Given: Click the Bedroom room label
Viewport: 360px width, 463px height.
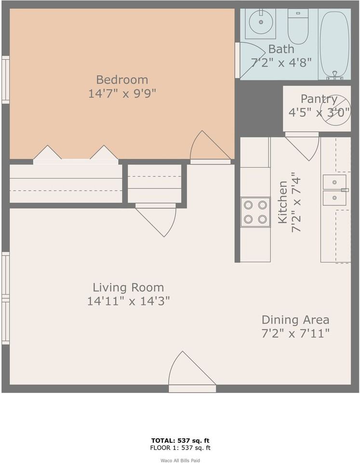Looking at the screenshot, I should point(122,80).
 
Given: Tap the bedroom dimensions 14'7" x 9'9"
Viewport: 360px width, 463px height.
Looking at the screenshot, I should point(122,94).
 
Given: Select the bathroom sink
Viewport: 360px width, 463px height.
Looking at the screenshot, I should point(260,22).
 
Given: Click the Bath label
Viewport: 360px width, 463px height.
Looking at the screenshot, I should point(281,49).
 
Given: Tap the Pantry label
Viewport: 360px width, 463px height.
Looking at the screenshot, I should point(319,99).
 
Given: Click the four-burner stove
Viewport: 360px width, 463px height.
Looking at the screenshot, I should point(255,212).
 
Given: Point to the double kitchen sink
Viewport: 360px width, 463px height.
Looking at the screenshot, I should point(335,190).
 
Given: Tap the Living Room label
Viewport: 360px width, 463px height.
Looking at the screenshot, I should point(128,288).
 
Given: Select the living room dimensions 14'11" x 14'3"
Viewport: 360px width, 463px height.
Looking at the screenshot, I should point(128,301).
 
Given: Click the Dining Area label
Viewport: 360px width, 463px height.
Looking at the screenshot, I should point(295,320).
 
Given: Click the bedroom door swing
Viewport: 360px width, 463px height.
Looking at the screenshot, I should point(207,147).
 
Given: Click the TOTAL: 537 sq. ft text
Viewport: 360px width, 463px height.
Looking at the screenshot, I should point(180,440).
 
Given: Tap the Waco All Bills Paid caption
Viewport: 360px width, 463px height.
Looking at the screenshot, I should point(180,460).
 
